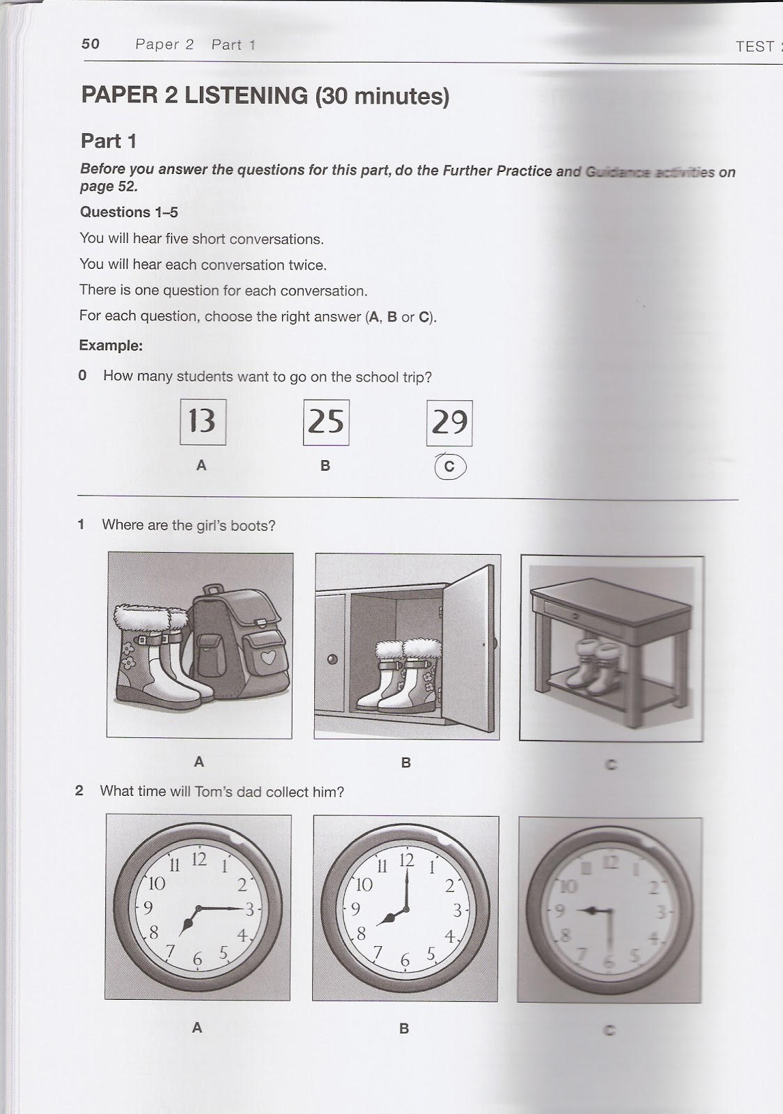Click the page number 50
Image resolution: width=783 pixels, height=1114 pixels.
coord(91,44)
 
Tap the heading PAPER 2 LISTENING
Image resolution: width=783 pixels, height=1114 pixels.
coord(194,95)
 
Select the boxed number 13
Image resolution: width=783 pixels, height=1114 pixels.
coord(203,421)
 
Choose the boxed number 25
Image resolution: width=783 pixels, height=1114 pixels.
coord(325,422)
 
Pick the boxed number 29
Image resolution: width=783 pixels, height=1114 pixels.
coord(449,423)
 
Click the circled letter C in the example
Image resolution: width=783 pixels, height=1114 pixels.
coord(449,466)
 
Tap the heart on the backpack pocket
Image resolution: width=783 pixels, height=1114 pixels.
coord(268,657)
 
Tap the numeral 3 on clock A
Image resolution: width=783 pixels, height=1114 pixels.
coord(249,909)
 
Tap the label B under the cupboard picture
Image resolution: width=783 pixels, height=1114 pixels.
coord(406,763)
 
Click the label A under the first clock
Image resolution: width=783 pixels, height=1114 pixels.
coord(197,1028)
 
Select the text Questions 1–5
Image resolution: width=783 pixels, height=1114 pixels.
coord(129,212)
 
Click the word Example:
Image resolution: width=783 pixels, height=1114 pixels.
coord(111,345)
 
